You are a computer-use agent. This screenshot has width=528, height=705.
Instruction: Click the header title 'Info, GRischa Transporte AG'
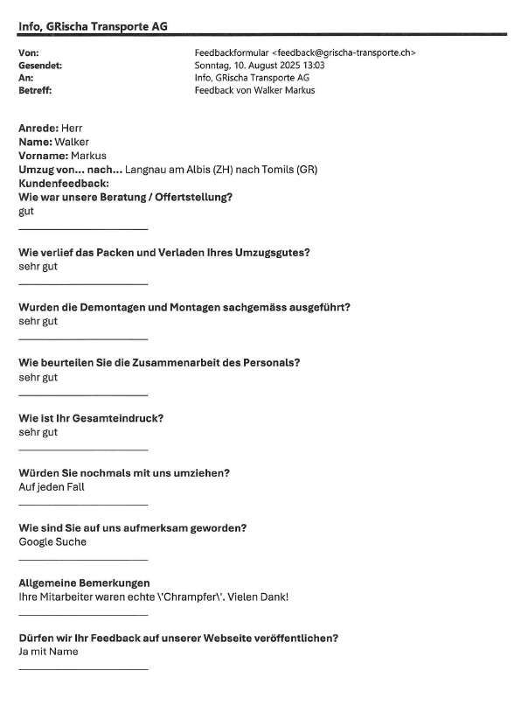(93, 26)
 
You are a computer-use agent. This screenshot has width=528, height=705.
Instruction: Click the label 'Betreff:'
(35, 90)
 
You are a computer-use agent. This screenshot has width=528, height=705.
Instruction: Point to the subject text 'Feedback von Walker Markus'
(254, 90)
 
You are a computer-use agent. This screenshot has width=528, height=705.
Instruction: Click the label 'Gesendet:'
(40, 65)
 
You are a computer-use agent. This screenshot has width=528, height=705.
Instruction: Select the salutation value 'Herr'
(73, 129)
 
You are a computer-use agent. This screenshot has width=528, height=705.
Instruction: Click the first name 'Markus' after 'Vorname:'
(87, 156)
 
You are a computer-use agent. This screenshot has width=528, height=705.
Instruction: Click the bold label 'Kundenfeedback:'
(64, 184)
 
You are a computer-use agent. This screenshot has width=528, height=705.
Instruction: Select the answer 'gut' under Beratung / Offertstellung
(26, 211)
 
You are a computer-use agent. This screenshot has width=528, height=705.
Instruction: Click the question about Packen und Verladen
(164, 252)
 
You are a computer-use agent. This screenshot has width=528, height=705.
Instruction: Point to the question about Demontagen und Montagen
(184, 307)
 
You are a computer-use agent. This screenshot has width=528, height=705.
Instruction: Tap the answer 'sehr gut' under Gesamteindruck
(38, 432)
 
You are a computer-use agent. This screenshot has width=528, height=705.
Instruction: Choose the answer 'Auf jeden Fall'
(52, 486)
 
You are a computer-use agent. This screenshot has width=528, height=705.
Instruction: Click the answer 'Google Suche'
(52, 541)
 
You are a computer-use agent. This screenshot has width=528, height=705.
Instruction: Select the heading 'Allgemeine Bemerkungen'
(84, 583)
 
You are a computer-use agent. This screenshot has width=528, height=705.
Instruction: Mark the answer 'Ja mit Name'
(48, 651)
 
